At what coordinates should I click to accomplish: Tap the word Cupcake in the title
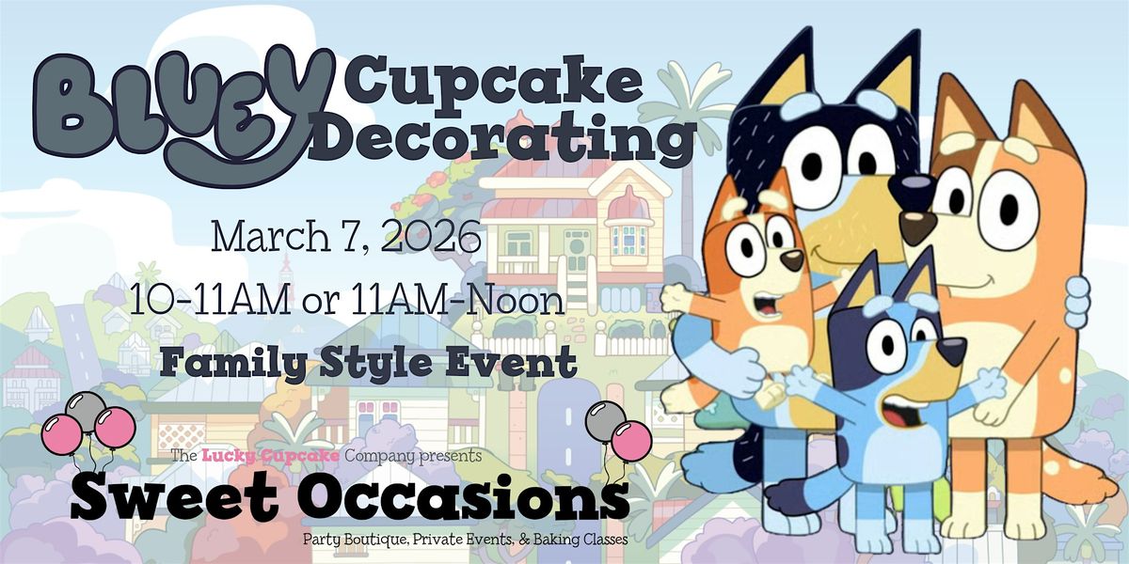(x=495, y=83)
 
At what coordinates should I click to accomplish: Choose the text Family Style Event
(x=369, y=363)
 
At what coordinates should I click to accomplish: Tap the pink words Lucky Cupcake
(x=270, y=456)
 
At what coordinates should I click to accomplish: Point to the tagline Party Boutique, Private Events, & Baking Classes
(x=465, y=540)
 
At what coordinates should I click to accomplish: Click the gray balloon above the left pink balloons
(x=86, y=411)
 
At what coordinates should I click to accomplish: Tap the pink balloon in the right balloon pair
(x=632, y=441)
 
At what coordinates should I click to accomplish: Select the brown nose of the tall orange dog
(x=917, y=227)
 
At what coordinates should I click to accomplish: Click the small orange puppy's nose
(x=791, y=260)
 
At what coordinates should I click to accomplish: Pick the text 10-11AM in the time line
(x=210, y=300)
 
